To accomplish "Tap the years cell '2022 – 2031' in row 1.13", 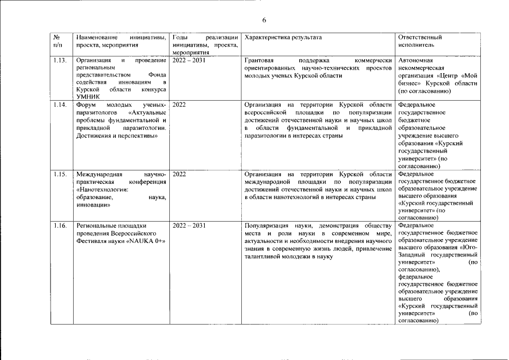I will click(x=189, y=60).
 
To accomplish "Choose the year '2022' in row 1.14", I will click(x=179, y=105).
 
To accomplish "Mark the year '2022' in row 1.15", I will click(x=179, y=174).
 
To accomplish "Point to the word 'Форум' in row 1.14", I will click(x=86, y=105).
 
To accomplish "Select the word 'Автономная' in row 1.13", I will click(x=415, y=60).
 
